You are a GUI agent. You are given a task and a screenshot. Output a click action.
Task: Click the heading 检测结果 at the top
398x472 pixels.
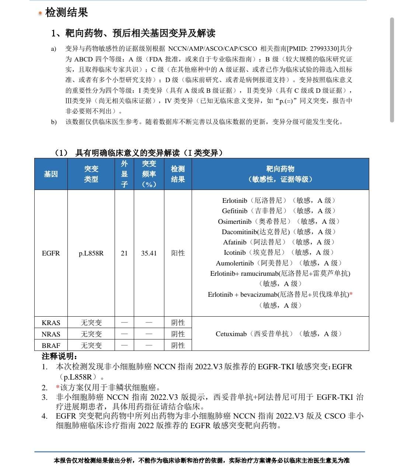(x=67, y=13)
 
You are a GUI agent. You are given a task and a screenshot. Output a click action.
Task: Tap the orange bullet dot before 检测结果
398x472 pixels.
(x=40, y=14)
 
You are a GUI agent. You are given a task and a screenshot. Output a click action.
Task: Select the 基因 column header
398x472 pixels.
(x=51, y=174)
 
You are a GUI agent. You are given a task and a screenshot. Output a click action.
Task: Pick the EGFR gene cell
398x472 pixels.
(x=51, y=253)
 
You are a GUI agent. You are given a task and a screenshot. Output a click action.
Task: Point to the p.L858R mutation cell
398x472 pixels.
(x=91, y=253)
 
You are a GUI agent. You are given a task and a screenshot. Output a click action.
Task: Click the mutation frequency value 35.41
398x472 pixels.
(x=149, y=253)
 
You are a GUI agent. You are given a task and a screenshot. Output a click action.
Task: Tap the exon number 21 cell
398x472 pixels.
(x=124, y=253)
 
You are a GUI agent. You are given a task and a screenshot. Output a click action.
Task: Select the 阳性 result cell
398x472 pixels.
(x=178, y=253)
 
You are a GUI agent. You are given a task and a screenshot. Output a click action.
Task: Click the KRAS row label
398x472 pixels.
(x=51, y=323)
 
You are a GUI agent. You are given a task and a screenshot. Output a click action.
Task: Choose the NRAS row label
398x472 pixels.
(x=51, y=334)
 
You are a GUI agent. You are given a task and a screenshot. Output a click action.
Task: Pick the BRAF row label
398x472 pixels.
(x=51, y=346)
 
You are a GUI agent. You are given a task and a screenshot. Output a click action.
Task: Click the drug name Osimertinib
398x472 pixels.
(x=234, y=222)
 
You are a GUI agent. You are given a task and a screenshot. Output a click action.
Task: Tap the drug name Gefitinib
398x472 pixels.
(x=235, y=211)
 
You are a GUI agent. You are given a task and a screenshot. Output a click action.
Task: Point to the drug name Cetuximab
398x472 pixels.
(x=231, y=334)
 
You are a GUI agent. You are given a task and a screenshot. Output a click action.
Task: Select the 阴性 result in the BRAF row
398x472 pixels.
(x=178, y=346)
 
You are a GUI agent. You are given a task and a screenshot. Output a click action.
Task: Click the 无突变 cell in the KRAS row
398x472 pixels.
(x=91, y=323)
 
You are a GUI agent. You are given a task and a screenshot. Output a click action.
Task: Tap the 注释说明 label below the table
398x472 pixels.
(x=59, y=356)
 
